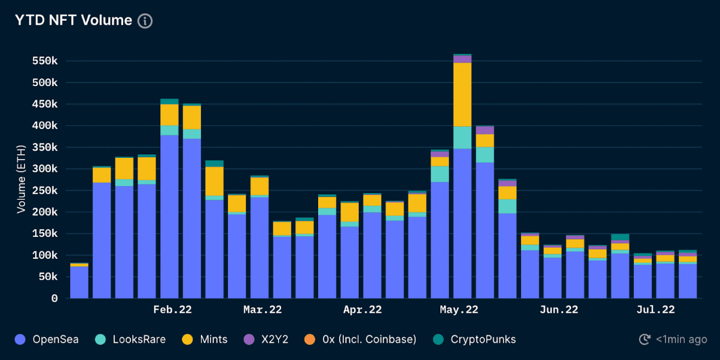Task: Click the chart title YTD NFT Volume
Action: click(73, 20)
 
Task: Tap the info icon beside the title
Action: click(145, 21)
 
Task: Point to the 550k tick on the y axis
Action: click(45, 61)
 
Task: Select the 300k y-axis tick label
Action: click(45, 169)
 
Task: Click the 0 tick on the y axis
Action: click(54, 298)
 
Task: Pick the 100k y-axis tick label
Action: click(45, 255)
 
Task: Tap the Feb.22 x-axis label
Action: click(173, 310)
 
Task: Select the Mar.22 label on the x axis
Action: click(263, 310)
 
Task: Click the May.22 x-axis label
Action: click(459, 310)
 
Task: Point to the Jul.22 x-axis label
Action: click(655, 310)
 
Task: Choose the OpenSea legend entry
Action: click(47, 340)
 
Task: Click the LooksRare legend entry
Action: click(130, 340)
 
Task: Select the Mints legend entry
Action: click(205, 340)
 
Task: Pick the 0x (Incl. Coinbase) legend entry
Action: click(361, 340)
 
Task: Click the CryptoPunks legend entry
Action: click(474, 340)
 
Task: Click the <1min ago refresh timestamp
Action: click(673, 340)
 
